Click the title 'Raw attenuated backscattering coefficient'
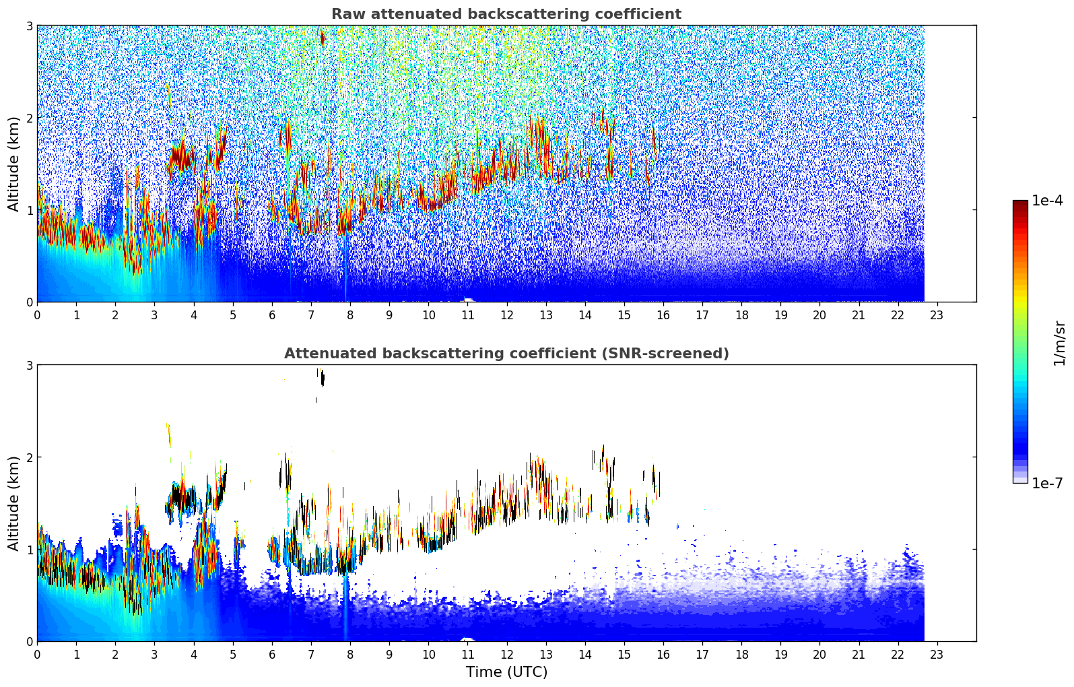(x=506, y=14)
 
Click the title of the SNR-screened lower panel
(x=506, y=354)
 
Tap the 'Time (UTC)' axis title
(x=506, y=672)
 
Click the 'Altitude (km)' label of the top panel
(x=13, y=164)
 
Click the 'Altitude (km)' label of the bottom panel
(x=13, y=503)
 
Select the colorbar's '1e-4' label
(x=1047, y=201)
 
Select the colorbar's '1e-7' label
(x=1047, y=483)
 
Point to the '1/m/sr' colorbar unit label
(x=1059, y=343)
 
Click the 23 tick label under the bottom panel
(x=937, y=654)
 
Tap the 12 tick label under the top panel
(x=506, y=315)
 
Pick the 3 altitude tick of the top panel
(x=30, y=26)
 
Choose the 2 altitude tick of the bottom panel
(x=30, y=457)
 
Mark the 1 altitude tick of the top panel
(x=30, y=210)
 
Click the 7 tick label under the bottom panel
(x=311, y=654)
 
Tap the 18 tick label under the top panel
(x=741, y=315)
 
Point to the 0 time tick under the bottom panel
(x=37, y=654)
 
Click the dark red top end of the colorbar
(x=1019, y=203)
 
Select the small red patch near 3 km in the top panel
(x=322, y=38)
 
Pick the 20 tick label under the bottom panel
(x=819, y=654)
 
